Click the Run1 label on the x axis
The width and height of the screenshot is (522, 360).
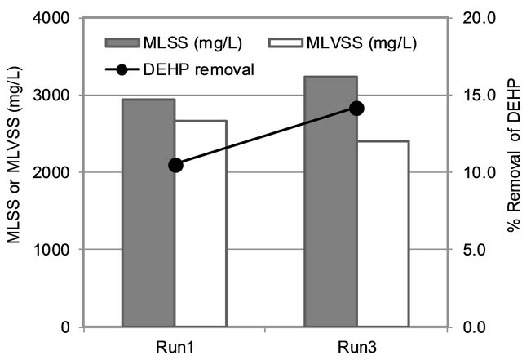[x=175, y=344]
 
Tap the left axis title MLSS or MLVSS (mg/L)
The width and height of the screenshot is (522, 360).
[x=14, y=171]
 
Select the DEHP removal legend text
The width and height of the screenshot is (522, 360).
[x=207, y=69]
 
